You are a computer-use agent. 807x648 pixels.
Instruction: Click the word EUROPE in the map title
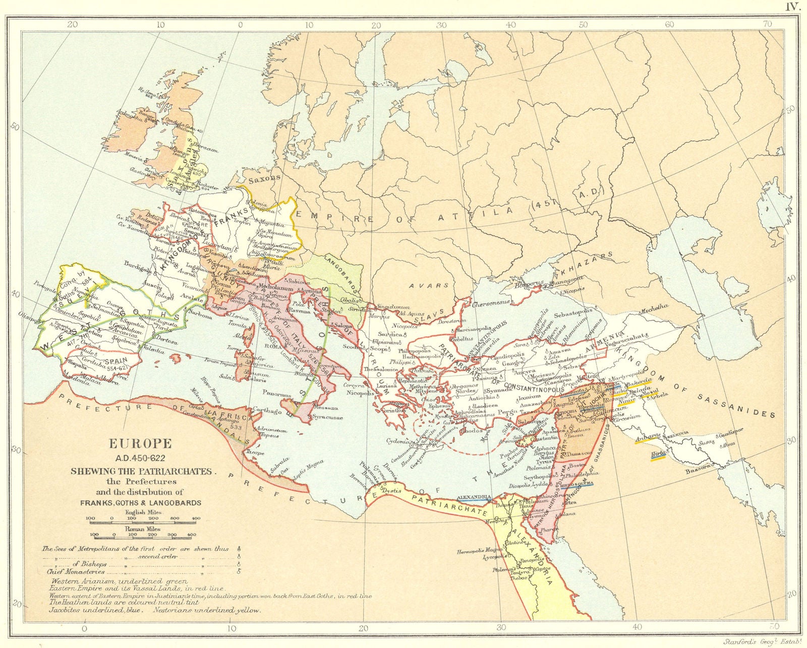(141, 444)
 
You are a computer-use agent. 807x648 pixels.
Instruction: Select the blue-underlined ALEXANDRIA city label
(473, 496)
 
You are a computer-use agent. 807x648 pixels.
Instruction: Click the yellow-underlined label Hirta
(658, 453)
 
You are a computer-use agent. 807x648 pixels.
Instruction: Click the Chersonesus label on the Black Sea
(492, 304)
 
